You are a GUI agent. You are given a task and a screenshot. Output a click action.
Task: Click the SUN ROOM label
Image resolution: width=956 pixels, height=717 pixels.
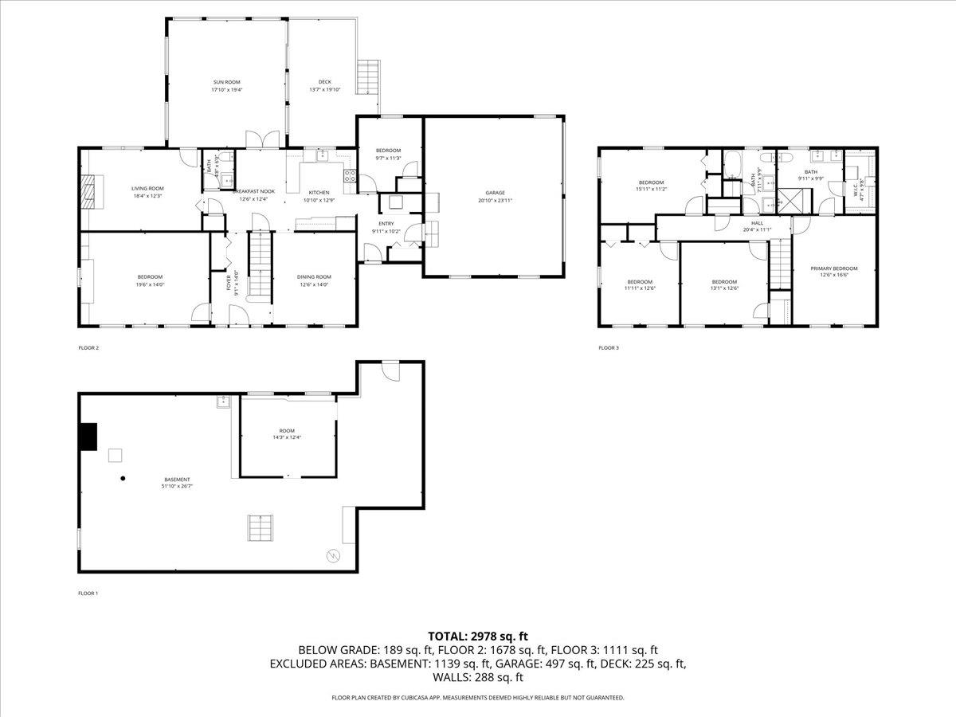[x=226, y=82]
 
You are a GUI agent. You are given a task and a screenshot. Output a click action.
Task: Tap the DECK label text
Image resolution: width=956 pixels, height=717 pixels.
[x=324, y=82]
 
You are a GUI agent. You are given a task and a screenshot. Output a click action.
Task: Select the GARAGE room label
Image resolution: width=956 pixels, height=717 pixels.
[x=496, y=193]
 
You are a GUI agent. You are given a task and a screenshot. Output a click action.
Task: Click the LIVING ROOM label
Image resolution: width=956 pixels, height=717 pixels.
[x=147, y=189]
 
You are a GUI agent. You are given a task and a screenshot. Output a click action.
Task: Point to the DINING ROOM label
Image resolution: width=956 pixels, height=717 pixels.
[x=315, y=277]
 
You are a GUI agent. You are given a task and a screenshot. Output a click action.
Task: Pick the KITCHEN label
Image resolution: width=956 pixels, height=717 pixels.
[x=319, y=193]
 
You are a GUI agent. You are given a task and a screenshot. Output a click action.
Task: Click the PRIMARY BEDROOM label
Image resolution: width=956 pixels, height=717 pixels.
[x=834, y=269]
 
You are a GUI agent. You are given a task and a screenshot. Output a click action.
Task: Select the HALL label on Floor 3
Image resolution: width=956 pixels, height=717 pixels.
[x=757, y=224]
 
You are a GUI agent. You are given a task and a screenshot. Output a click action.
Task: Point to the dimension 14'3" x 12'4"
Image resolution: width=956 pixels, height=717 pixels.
[x=287, y=437]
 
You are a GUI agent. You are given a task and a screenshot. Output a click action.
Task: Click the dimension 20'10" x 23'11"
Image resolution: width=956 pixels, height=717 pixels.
[x=496, y=201]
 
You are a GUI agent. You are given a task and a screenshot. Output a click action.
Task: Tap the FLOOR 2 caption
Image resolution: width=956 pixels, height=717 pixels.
[x=88, y=348]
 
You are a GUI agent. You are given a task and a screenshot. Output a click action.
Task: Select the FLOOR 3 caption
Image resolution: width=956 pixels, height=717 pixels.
[x=608, y=348]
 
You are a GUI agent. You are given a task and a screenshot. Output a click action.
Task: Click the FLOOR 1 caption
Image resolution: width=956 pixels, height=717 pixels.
[x=88, y=594]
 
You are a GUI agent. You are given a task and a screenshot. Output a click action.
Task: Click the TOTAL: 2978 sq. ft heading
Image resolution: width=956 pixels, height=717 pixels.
[x=478, y=636]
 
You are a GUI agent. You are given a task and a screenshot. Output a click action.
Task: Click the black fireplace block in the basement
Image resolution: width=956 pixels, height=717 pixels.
[x=88, y=437]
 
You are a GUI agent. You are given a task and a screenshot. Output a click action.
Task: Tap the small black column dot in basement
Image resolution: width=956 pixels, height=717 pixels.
[x=123, y=478]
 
